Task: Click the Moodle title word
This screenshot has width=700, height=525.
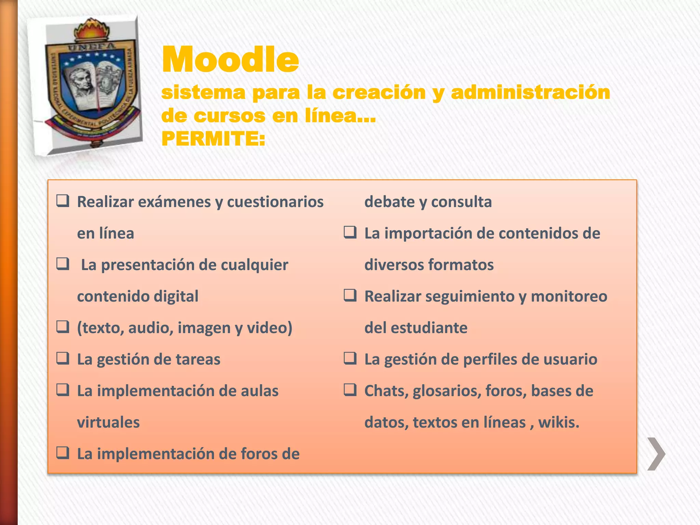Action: pyautogui.click(x=230, y=60)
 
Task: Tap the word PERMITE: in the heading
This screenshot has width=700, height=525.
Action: pyautogui.click(x=213, y=139)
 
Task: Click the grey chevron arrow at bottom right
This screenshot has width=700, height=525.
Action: pyautogui.click(x=656, y=454)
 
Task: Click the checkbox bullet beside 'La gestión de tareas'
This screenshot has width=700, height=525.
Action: pyautogui.click(x=63, y=358)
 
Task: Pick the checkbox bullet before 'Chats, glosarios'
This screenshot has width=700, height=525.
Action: pyautogui.click(x=350, y=390)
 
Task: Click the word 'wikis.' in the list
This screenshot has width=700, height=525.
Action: pyautogui.click(x=559, y=422)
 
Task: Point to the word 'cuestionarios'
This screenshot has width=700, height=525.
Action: pyautogui.click(x=275, y=202)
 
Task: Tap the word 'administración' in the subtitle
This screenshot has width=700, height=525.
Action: pyautogui.click(x=530, y=92)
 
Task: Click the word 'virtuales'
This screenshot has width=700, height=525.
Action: pyautogui.click(x=108, y=422)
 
